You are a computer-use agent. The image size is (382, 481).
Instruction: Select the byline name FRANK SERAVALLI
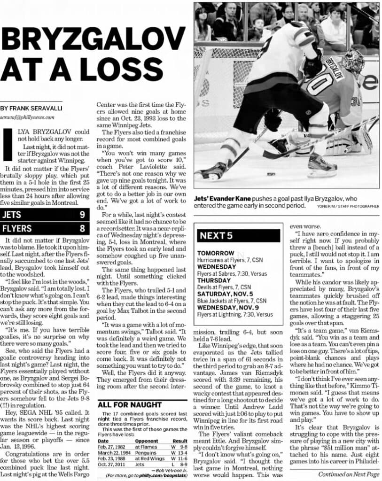(x=38, y=108)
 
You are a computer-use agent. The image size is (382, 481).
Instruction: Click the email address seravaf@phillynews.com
(x=27, y=117)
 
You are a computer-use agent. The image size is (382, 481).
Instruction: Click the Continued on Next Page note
(x=349, y=474)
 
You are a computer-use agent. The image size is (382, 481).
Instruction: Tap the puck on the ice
(x=271, y=174)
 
